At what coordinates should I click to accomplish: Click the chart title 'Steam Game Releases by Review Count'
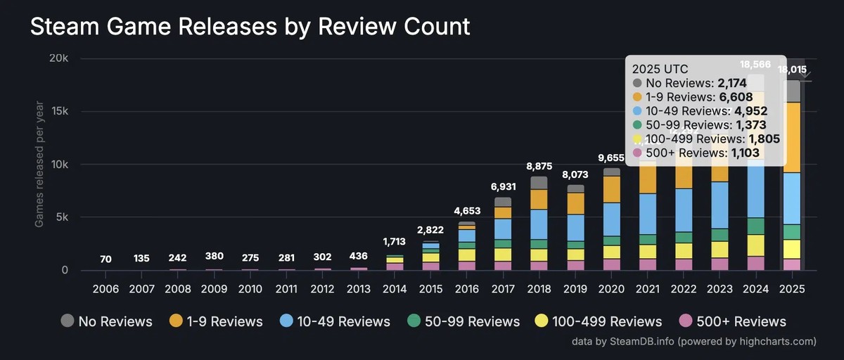tap(249, 27)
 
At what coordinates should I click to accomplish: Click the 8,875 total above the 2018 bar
tap(539, 166)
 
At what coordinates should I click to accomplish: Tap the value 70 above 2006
tap(105, 259)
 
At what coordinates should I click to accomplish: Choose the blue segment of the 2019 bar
tap(575, 228)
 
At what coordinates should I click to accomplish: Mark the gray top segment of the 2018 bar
tap(539, 183)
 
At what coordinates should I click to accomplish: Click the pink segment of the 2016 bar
tap(468, 266)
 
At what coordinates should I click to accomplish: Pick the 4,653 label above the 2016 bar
tap(468, 211)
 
